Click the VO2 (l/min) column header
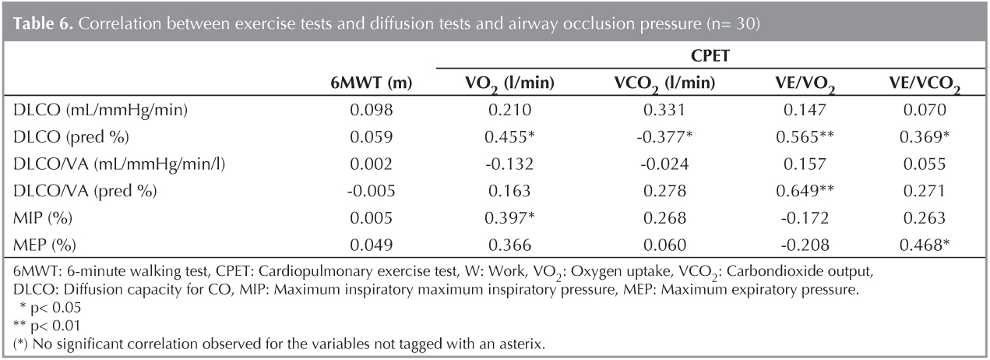[499, 84]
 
